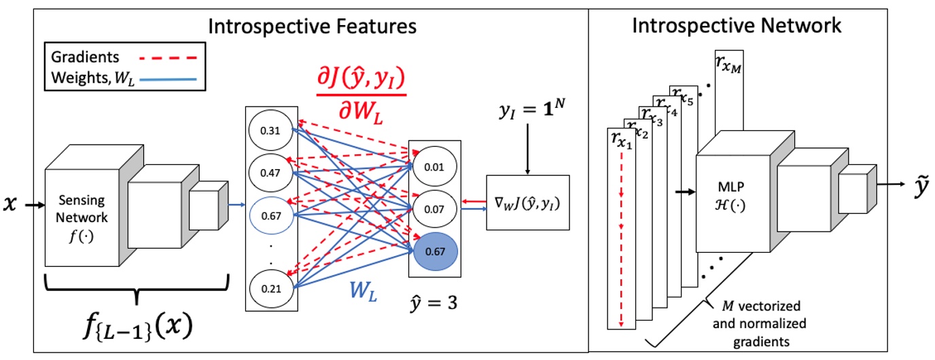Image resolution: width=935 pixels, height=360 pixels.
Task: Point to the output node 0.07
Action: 435,209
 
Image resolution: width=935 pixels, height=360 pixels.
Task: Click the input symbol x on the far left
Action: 10,203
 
